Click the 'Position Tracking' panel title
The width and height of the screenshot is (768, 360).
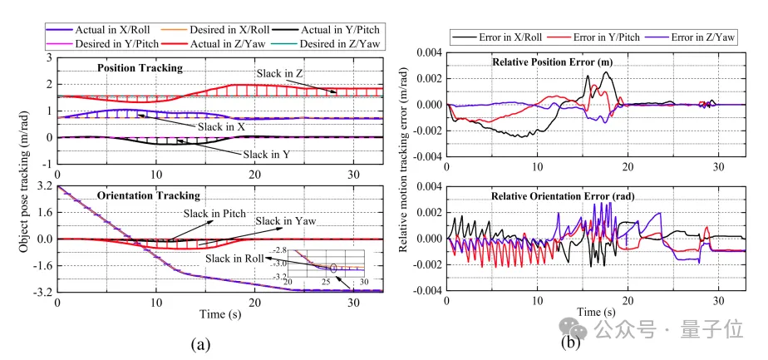point(140,68)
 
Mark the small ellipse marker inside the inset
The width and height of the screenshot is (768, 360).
point(333,268)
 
